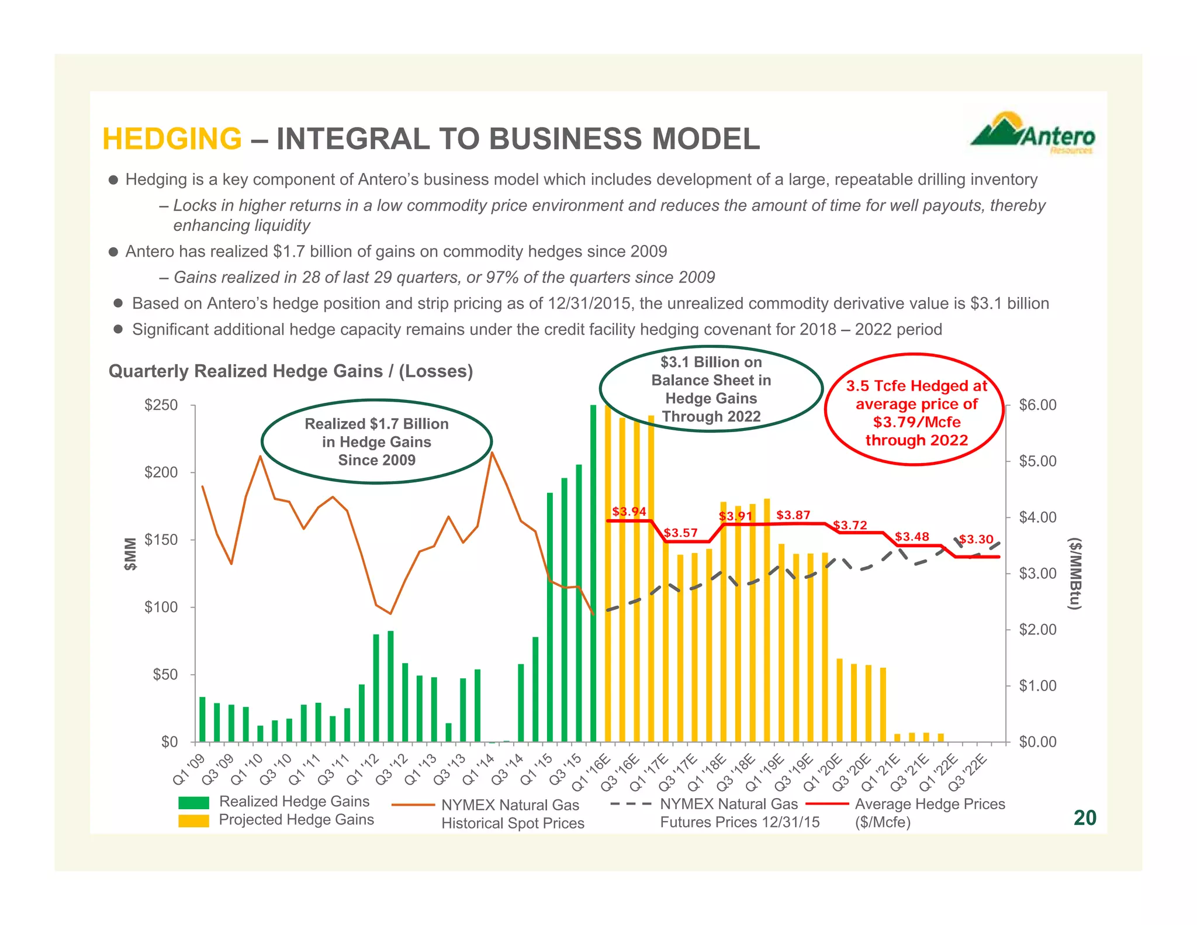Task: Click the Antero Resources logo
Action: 1033,134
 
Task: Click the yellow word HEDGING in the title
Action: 172,139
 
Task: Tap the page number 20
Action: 1084,817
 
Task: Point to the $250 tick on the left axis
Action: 161,405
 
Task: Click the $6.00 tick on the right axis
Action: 1037,405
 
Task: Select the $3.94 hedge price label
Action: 629,512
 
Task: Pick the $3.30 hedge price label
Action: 976,539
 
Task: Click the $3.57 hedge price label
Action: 680,533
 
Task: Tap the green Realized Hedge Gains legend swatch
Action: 193,802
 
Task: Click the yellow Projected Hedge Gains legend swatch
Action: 193,820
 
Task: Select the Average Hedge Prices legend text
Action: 929,813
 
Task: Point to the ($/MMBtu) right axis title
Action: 1074,574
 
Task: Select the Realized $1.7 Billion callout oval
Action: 376,441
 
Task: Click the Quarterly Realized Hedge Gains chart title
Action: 290,371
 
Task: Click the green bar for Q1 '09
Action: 202,719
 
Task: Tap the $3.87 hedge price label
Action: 793,515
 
